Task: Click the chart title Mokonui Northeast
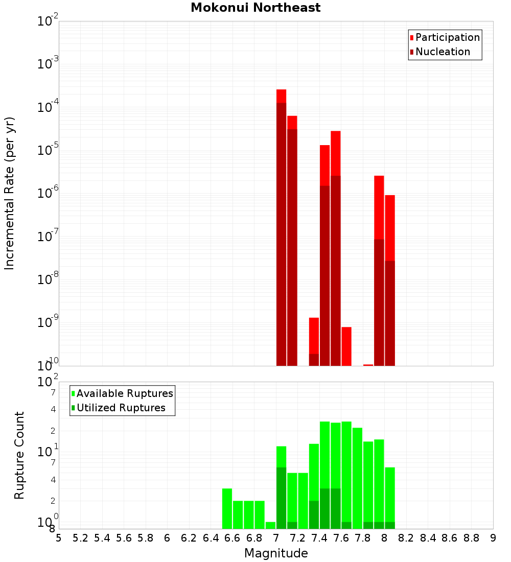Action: (255, 8)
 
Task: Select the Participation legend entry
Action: (445, 37)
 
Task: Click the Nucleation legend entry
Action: (439, 52)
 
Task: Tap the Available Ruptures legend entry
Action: (122, 393)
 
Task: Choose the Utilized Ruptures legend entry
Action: (118, 408)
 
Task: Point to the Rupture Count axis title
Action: (19, 455)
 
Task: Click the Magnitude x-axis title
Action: (276, 553)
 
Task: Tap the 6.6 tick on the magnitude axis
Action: (233, 538)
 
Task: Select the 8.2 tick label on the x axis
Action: (406, 538)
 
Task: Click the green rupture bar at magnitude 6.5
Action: (227, 508)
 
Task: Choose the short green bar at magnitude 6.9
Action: (270, 525)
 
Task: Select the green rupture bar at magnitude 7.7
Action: (357, 478)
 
